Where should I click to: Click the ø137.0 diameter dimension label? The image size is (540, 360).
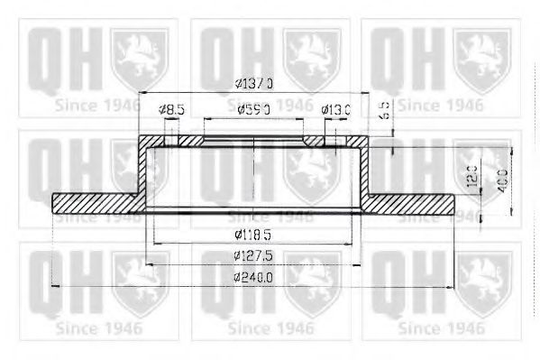pyautogui.click(x=253, y=83)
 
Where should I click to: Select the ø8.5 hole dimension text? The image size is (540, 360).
pyautogui.click(x=171, y=110)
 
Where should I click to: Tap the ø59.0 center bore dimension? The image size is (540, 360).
pyautogui.click(x=255, y=110)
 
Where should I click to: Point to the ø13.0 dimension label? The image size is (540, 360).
pyautogui.click(x=336, y=110)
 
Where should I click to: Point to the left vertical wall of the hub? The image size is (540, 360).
pyautogui.click(x=144, y=171)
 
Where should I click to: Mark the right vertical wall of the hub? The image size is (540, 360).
pyautogui.click(x=364, y=171)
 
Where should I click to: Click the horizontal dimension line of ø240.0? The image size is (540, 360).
pyautogui.click(x=135, y=286)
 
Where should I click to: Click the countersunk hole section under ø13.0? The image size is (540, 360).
pyautogui.click(x=316, y=142)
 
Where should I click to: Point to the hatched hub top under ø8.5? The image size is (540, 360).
pyautogui.click(x=162, y=142)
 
